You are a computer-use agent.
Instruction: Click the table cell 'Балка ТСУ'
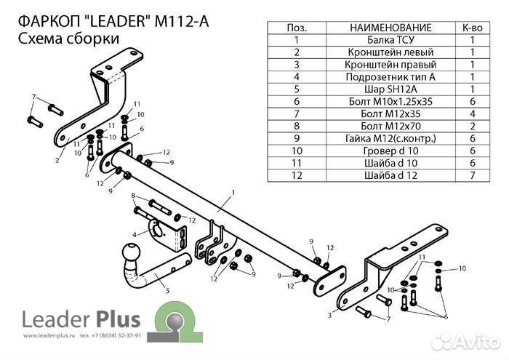(x=390, y=40)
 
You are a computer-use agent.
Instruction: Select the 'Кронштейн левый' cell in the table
(x=390, y=52)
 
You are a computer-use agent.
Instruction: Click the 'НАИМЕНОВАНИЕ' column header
(x=390, y=28)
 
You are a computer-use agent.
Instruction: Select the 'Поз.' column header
(x=296, y=28)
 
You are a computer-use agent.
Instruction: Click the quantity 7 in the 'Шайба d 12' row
(x=472, y=175)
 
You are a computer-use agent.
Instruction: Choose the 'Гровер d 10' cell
(x=390, y=151)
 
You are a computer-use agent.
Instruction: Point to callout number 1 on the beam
(x=233, y=193)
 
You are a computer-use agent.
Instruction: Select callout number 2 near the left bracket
(x=56, y=161)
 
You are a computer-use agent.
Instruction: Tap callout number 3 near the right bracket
(x=329, y=315)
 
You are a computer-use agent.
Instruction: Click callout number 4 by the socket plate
(x=134, y=234)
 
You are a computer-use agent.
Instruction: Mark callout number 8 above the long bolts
(x=133, y=196)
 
